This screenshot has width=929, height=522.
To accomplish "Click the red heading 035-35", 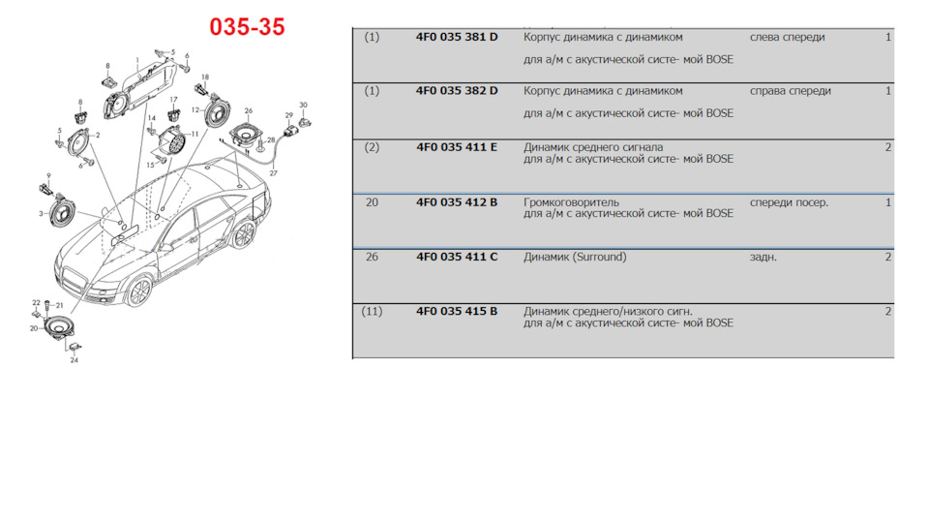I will (x=247, y=27).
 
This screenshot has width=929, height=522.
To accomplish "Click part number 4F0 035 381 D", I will (x=457, y=37).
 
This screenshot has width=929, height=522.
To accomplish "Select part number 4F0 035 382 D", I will (x=457, y=91).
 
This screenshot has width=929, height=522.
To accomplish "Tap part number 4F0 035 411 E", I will (x=457, y=147).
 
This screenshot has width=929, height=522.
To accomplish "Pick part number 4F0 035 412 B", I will (x=457, y=202).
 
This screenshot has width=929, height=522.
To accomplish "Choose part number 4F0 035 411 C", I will (x=457, y=258).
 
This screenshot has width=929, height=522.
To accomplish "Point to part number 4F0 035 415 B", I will (x=457, y=312).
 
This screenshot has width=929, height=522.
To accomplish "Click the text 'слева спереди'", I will (x=787, y=37).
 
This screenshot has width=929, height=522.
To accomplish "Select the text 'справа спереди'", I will (x=790, y=91).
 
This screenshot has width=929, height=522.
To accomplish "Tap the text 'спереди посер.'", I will (x=789, y=202).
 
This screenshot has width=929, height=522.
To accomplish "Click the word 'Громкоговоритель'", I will (x=571, y=202).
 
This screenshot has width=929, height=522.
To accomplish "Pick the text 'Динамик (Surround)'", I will (x=575, y=258).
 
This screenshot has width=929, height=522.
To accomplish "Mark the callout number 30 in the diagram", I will (x=303, y=105).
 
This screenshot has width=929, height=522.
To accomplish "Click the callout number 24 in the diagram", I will (x=74, y=360).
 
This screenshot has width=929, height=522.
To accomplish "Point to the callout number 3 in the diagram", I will (x=41, y=212).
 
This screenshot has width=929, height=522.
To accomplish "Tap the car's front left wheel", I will (x=139, y=291).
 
